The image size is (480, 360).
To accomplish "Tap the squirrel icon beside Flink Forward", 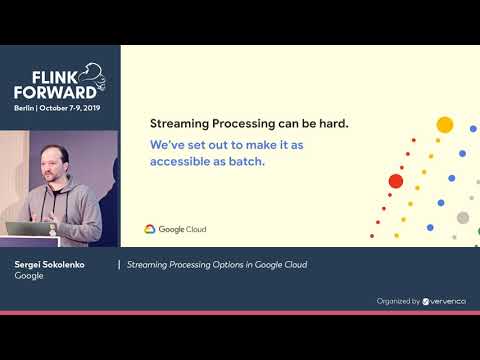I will coord(92,76).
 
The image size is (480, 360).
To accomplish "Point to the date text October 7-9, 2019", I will coord(76,107).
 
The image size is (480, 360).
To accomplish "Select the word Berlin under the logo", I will coord(27,107).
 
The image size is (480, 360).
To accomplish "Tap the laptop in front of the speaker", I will coord(28,228).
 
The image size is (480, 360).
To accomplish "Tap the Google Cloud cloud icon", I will coord(150,229).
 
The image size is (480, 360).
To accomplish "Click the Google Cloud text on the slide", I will coord(182,229).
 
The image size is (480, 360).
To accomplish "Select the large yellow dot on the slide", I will coord(445,125).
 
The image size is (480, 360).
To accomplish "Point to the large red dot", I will coord(395,181).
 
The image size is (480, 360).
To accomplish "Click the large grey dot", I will coord(462,217).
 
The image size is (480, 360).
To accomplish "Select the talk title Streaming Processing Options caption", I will coord(217,265).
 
